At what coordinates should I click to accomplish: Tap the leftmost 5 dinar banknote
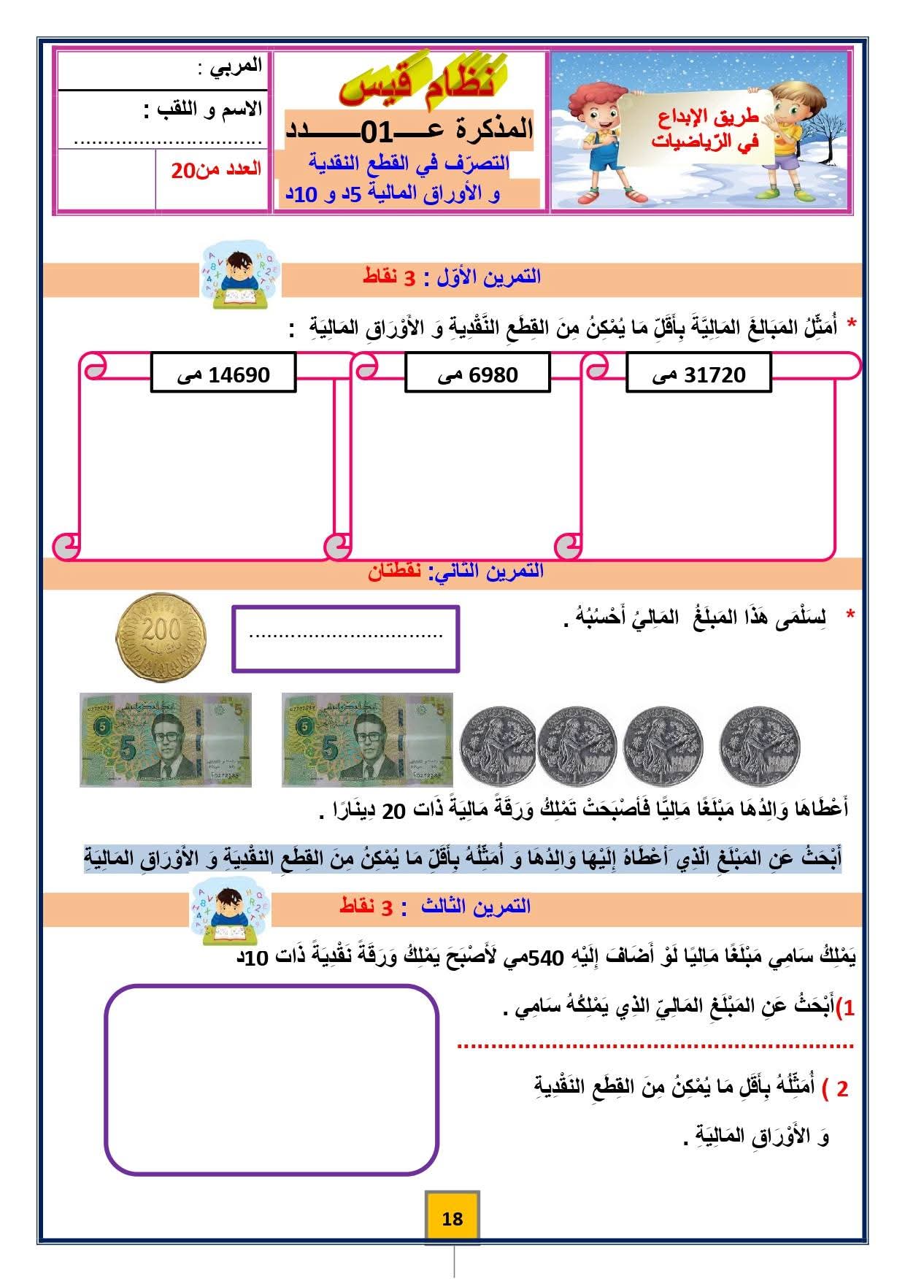pyautogui.click(x=166, y=739)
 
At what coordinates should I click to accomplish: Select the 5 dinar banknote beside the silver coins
pyautogui.click(x=367, y=739)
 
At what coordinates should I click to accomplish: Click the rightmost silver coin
pyautogui.click(x=759, y=745)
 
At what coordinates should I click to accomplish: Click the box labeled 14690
pyautogui.click(x=223, y=374)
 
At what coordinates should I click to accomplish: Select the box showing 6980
pyautogui.click(x=477, y=374)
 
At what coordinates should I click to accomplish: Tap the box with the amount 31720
pyautogui.click(x=698, y=374)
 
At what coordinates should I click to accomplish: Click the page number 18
pyautogui.click(x=452, y=1218)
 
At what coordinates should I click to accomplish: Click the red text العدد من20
pyautogui.click(x=216, y=169)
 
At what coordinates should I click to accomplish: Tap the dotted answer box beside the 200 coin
pyautogui.click(x=345, y=639)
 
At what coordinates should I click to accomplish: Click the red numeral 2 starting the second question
pyautogui.click(x=842, y=1089)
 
